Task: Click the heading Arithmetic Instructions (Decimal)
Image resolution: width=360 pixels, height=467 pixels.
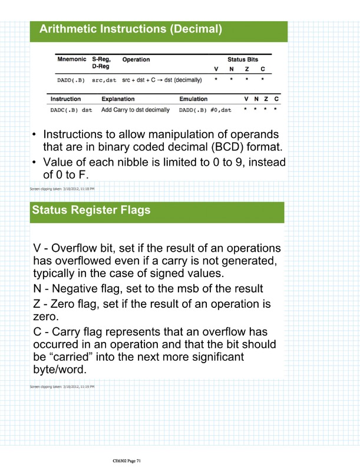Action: pos(130,29)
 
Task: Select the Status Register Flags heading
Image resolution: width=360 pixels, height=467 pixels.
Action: pos(91,209)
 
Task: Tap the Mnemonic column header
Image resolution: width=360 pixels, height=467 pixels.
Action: pos(72,60)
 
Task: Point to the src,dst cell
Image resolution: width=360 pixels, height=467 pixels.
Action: pos(104,79)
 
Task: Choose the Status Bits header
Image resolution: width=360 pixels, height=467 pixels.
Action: pos(243,60)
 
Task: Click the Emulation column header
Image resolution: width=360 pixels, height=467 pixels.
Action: pos(193,98)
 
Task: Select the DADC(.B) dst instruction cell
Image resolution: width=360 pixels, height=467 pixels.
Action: pos(71,110)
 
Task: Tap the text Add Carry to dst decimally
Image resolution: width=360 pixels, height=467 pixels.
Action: pos(136,110)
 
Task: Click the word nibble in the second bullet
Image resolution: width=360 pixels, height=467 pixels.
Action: pos(141,162)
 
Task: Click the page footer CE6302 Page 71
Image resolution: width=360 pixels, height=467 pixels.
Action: pos(127,451)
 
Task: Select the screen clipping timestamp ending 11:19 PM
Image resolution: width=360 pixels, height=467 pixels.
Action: pos(62,386)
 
